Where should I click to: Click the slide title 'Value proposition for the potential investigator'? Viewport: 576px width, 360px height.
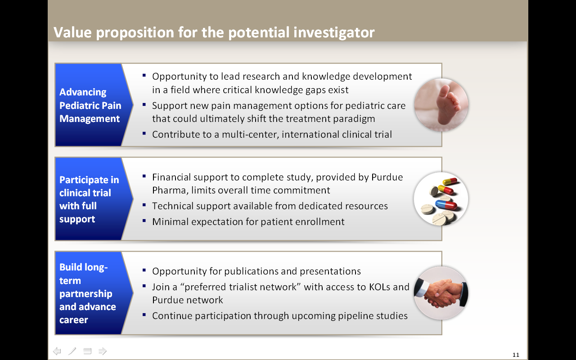214,33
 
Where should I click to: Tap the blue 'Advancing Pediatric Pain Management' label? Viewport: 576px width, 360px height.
90,105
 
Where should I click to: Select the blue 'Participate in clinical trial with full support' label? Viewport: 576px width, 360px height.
89,199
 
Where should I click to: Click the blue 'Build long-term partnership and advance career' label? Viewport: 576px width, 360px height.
87,293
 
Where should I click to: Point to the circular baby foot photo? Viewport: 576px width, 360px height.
441,105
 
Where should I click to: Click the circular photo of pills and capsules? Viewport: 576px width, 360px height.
441,199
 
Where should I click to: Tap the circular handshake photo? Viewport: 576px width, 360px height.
441,293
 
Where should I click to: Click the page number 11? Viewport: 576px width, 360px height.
516,355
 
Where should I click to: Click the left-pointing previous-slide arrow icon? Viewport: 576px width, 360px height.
57,351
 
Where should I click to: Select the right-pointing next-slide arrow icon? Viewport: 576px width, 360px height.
103,351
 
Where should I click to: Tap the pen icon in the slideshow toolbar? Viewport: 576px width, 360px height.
72,351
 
